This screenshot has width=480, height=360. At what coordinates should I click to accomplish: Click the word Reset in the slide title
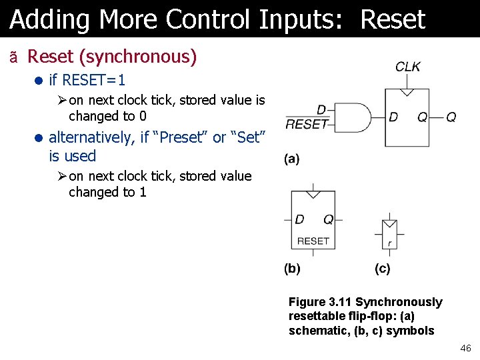[392, 20]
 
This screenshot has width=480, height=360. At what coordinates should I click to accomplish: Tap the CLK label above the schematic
[408, 67]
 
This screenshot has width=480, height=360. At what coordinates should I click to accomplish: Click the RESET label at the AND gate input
[306, 123]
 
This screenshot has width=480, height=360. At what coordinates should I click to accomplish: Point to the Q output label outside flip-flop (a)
[451, 117]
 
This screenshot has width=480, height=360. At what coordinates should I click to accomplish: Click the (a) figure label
[292, 159]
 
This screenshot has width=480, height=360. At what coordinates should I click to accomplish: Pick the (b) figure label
[292, 269]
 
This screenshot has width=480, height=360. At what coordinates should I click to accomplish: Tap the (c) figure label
[383, 269]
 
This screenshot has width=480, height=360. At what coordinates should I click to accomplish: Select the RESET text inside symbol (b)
[313, 241]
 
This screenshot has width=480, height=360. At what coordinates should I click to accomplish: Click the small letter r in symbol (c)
[389, 244]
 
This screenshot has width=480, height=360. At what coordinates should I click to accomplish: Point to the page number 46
[465, 349]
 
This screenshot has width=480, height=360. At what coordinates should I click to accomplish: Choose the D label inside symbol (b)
[299, 219]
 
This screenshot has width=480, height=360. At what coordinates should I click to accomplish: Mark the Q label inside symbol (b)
[328, 219]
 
